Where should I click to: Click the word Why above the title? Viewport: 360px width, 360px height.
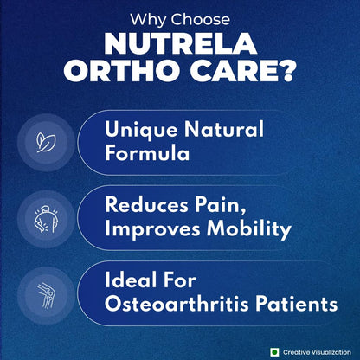coord(146,19)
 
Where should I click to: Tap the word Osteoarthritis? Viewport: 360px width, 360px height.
coord(177,305)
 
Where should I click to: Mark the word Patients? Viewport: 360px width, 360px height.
coord(294,305)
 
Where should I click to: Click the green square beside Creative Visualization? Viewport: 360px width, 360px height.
coord(274,351)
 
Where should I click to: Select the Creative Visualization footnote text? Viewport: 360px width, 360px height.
coord(316,351)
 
